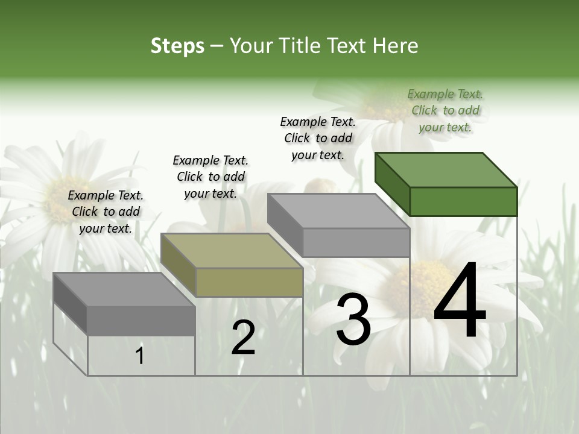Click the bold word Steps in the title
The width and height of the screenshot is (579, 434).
point(177,46)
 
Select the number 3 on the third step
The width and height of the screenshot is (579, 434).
point(353,319)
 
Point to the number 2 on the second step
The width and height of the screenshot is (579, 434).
point(243,338)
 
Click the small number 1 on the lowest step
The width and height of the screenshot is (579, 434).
point(140,356)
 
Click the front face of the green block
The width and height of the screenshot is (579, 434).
point(463,201)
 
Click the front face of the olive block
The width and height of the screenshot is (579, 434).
point(249,282)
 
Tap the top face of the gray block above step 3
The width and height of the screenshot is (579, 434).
point(338,211)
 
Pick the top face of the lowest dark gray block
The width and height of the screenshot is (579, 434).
point(124,289)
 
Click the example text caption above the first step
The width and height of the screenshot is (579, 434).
point(106,212)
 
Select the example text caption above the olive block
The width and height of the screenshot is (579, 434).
point(210,177)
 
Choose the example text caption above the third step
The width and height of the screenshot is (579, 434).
point(318,138)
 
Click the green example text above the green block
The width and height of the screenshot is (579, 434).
point(445,110)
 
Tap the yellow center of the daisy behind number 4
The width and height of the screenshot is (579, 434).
point(422,283)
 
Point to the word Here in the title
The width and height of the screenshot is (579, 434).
point(396,46)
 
